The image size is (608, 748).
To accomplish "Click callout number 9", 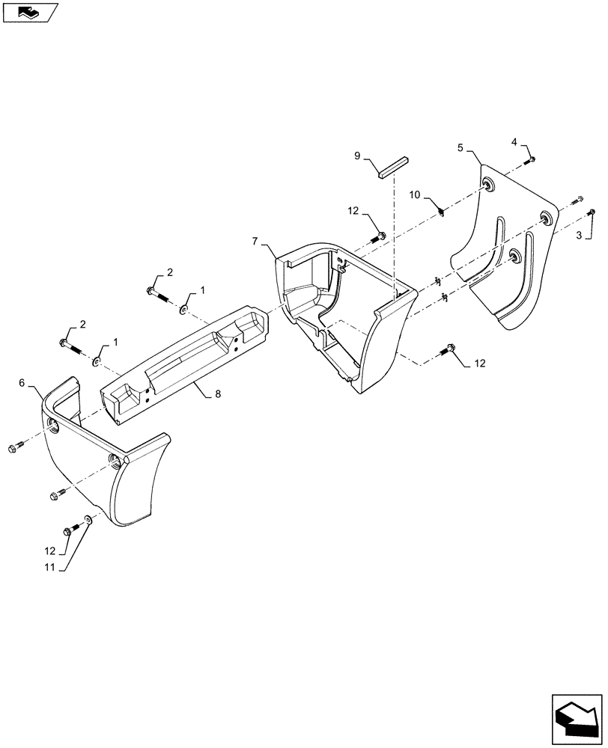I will tap(358, 156).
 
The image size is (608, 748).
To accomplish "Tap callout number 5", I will tap(460, 148).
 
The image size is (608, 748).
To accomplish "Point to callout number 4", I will tap(514, 142).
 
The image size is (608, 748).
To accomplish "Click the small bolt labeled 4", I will tap(532, 159).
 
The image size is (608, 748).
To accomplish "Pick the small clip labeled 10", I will tap(443, 212).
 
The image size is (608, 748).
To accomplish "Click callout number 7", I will tap(255, 241).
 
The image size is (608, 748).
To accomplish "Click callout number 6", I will tap(22, 383).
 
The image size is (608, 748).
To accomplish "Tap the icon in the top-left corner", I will tap(29, 11).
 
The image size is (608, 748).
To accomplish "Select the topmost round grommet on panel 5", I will tap(489, 184).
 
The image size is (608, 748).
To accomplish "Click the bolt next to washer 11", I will tap(70, 530).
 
